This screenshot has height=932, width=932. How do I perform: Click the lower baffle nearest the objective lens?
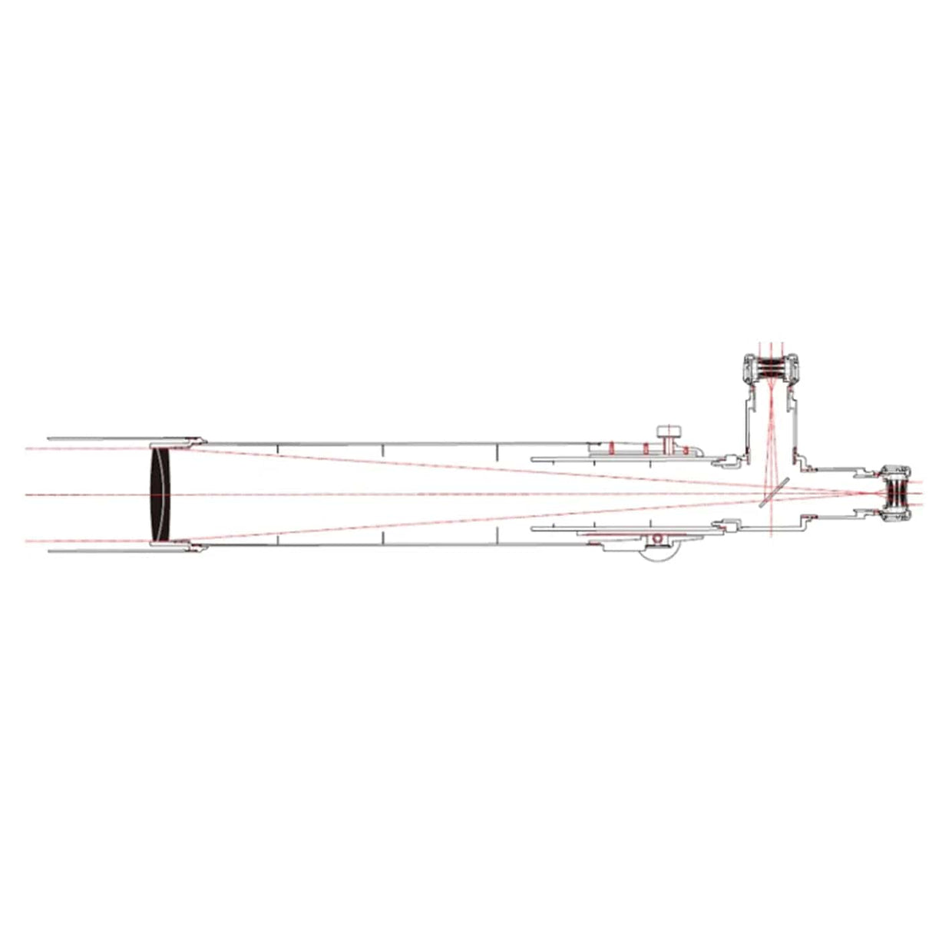click(x=276, y=539)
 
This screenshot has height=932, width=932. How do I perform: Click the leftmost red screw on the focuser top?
click(x=611, y=447)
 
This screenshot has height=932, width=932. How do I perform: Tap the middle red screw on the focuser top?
click(x=646, y=448)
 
